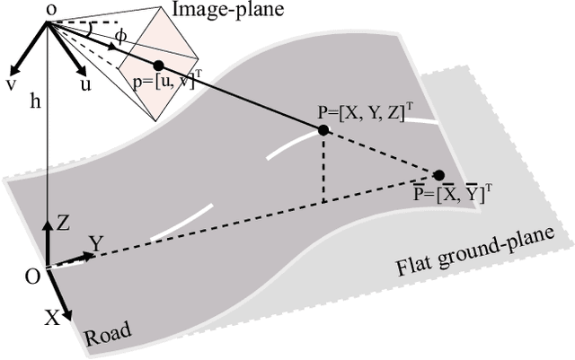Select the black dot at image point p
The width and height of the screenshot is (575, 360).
point(159,66)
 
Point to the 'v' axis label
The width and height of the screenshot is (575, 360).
point(13,83)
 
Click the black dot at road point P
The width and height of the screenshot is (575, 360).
point(323,130)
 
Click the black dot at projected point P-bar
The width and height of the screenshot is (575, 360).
point(438,175)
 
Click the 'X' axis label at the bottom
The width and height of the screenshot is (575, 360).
point(53,316)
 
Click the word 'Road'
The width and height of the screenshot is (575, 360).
point(107,337)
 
